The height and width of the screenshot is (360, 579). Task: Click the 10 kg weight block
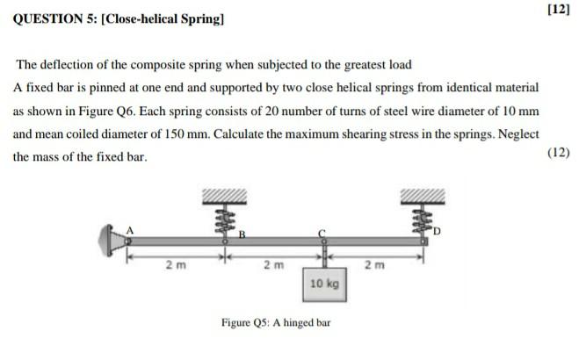pyautogui.click(x=324, y=285)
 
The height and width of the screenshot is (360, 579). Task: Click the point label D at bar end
pyautogui.click(x=434, y=234)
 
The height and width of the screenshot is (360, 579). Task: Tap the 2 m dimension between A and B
pyautogui.click(x=175, y=263)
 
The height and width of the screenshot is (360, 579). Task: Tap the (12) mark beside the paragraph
pyautogui.click(x=558, y=152)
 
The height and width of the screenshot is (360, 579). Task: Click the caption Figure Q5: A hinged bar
pyautogui.click(x=276, y=322)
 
